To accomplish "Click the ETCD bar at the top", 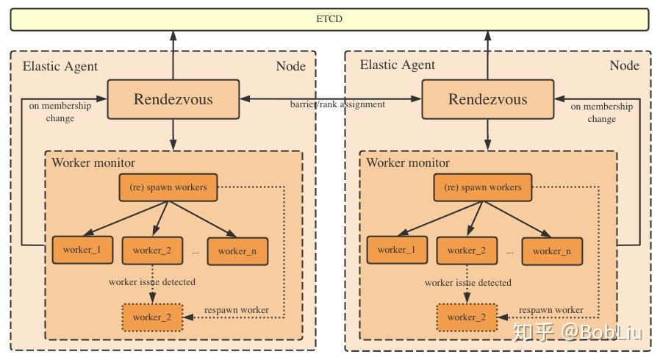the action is [x=329, y=19].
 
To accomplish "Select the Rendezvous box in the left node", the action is [x=173, y=99].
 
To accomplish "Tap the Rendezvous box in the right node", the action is [x=488, y=99].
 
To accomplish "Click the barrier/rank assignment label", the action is [x=337, y=104].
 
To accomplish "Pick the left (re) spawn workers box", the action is [x=168, y=187].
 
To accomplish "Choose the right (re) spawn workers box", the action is [x=483, y=187].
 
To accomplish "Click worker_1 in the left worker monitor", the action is [x=82, y=250].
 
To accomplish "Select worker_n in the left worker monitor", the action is [x=237, y=251].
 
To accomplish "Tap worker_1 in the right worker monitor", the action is [x=397, y=250].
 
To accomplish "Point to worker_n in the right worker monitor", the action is [x=552, y=251].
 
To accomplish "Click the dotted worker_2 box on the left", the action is [x=152, y=317].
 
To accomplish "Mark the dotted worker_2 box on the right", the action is [x=467, y=317].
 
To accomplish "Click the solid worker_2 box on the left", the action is [x=152, y=251].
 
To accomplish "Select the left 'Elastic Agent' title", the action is [x=60, y=66].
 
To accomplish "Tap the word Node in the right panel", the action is [x=624, y=65].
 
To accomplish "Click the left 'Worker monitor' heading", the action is [x=93, y=163].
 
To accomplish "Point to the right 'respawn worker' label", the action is [x=551, y=310].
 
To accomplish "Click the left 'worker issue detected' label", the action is [x=152, y=282].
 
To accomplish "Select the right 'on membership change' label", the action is [x=601, y=112].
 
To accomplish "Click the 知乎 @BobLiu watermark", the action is [x=578, y=332].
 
